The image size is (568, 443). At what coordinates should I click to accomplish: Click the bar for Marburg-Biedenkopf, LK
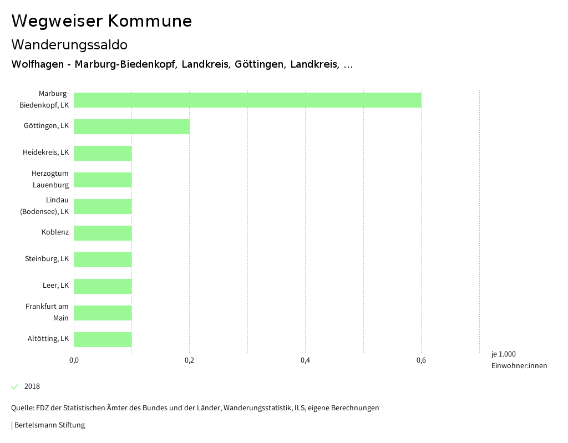[x=247, y=100]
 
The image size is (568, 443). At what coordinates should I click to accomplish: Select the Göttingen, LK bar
[x=131, y=126]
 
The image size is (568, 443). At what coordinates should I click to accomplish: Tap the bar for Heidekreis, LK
[x=103, y=153]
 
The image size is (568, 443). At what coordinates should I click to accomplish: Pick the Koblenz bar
[x=103, y=233]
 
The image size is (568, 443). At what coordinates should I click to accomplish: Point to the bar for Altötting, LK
[x=103, y=339]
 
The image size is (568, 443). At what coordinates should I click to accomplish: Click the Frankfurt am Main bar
[x=103, y=313]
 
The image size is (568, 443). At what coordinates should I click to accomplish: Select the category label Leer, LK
[x=55, y=286]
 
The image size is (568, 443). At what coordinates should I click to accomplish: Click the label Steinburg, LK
[x=47, y=259]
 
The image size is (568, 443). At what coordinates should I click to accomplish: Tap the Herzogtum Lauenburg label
[x=50, y=179]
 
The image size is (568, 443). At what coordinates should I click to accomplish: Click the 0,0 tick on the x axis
[x=74, y=361]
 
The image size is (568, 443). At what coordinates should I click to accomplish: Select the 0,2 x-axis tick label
[x=189, y=361]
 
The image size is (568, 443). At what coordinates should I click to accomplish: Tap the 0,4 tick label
[x=305, y=361]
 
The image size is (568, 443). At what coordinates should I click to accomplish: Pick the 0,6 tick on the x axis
[x=421, y=361]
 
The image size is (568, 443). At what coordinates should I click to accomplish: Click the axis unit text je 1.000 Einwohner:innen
[x=519, y=360]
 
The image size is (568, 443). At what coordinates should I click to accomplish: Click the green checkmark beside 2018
[x=15, y=386]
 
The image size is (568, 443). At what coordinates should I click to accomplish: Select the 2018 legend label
[x=32, y=386]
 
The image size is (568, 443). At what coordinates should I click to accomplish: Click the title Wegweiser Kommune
[x=102, y=21]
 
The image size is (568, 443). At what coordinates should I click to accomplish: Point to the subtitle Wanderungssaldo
[x=69, y=44]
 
